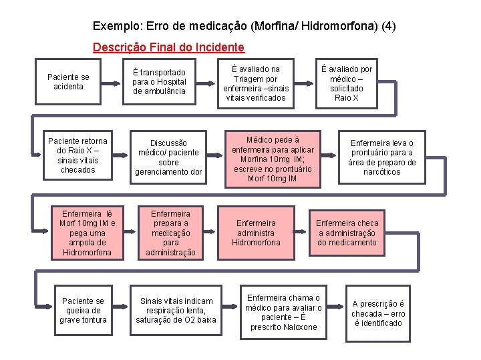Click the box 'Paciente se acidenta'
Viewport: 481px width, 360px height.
pos(69,82)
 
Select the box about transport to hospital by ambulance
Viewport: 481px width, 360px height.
pos(159,81)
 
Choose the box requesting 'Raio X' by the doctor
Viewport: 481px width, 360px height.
pos(347,83)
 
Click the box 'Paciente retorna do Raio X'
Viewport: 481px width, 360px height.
pos(77,155)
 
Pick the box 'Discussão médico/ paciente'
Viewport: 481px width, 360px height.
pos(168,157)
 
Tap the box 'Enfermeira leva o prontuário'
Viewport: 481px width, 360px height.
pos(382,157)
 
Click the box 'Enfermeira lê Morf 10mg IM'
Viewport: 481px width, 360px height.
pos(87,233)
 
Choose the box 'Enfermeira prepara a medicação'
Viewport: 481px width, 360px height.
pos(170,233)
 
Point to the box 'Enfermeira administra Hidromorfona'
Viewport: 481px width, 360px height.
pos(256,233)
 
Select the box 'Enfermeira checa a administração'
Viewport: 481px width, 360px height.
pos(347,233)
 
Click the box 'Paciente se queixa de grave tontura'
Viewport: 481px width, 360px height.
pos(83,310)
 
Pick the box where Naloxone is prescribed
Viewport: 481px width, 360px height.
pos(283,312)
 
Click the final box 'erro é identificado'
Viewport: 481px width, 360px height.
pos(377,313)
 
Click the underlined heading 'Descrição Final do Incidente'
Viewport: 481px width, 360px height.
pos(168,48)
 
